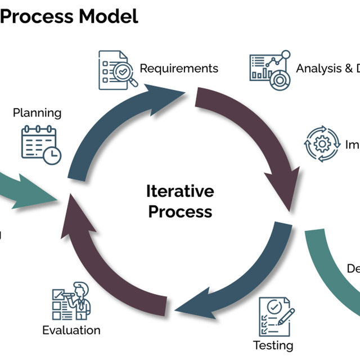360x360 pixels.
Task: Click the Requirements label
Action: tap(179, 69)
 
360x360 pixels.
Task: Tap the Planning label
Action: tap(37, 112)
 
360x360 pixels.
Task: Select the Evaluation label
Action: tap(71, 330)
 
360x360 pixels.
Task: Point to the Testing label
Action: tap(273, 345)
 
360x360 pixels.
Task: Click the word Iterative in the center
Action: tap(180, 191)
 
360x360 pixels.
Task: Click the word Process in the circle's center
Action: tap(180, 211)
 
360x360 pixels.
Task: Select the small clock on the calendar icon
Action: tap(53, 155)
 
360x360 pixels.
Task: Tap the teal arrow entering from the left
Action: tap(28, 188)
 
